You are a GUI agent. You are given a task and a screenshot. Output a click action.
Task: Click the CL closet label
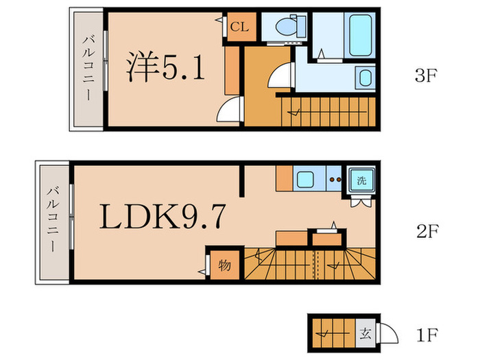[239, 27]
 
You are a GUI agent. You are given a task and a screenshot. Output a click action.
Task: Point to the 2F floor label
[426, 232]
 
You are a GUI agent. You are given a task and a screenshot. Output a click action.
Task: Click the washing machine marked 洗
[361, 181]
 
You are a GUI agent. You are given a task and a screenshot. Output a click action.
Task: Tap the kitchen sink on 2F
[304, 181]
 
